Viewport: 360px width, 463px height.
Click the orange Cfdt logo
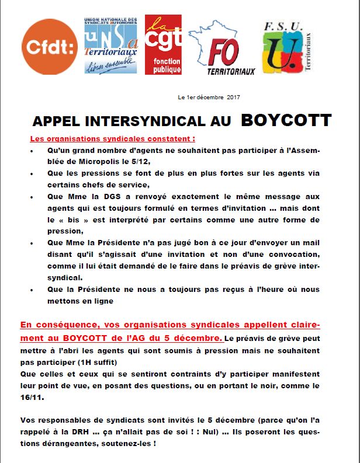[49, 47]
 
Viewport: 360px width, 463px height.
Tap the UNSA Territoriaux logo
[111, 45]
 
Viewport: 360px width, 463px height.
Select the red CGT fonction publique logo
[164, 44]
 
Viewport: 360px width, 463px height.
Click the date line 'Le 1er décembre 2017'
[209, 97]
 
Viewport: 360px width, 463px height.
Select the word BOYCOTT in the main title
[286, 121]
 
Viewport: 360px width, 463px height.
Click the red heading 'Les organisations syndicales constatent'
[113, 140]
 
